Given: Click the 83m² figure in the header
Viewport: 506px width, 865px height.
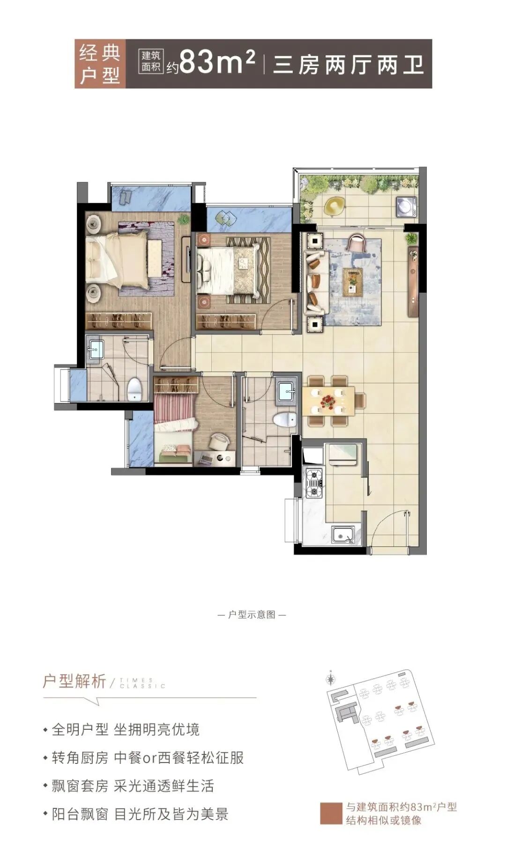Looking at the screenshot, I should click(217, 63).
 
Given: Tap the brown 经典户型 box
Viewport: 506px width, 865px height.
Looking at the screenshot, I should click(100, 64).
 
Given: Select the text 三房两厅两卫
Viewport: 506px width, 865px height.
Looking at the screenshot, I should click(348, 64).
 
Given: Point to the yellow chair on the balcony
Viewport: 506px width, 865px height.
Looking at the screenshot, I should click(334, 205).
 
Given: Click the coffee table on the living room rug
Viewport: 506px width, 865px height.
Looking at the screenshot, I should click(352, 282).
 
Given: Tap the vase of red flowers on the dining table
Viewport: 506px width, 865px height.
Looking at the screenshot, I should click(327, 401).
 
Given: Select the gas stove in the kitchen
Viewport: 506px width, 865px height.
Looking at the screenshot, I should click(313, 483).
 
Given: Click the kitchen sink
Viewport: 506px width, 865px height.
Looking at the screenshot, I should click(343, 534).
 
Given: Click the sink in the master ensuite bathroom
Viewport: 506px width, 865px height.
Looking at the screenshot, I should click(96, 349).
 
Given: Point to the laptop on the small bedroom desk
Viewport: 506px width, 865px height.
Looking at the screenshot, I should click(205, 459).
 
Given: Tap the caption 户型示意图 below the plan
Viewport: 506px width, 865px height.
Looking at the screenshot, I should click(252, 615).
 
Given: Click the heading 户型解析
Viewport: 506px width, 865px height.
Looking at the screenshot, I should click(74, 681).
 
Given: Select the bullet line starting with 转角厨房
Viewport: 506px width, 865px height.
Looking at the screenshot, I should click(147, 758).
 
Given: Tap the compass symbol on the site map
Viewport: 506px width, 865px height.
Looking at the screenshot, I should click(331, 677).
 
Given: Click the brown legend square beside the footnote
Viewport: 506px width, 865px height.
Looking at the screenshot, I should click(331, 814).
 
